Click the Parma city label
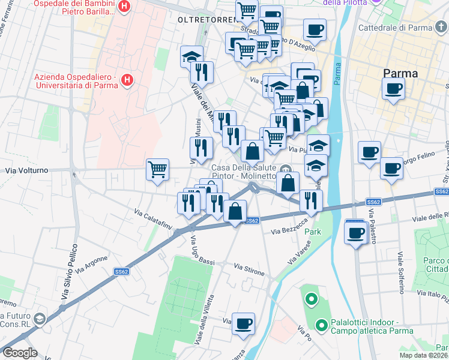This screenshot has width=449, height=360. click(x=401, y=73)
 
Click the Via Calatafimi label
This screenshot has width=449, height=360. click(x=153, y=220)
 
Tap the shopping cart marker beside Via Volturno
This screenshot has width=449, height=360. click(x=157, y=170)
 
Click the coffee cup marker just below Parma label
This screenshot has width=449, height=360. click(x=393, y=89)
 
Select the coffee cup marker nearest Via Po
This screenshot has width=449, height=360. click(x=243, y=324)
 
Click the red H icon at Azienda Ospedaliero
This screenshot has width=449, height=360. click(x=127, y=80)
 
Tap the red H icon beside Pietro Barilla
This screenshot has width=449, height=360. click(x=124, y=7)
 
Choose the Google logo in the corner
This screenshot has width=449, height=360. click(x=20, y=353)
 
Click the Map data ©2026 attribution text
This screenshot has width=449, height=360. click(x=423, y=355)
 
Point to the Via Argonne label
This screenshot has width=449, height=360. click(x=92, y=264)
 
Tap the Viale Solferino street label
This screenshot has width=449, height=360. click(x=400, y=273)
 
